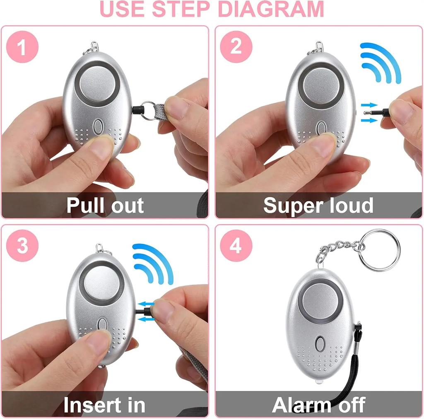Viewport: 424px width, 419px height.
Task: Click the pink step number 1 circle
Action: [22, 48]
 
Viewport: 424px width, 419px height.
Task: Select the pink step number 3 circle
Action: [22, 245]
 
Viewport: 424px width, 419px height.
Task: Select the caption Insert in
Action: [104, 405]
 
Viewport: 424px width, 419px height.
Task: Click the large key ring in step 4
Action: [379, 250]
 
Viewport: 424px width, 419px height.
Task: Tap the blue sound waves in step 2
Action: [379, 62]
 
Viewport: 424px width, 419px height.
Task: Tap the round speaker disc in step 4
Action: [320, 298]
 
